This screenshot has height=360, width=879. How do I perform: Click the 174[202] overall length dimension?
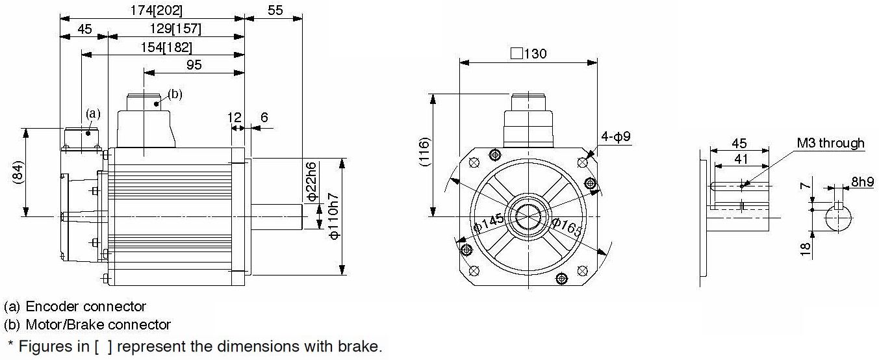[x=156, y=10]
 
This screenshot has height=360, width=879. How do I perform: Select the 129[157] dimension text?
[x=175, y=29]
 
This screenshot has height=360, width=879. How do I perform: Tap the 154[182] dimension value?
[x=166, y=47]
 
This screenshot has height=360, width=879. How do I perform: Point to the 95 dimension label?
[x=194, y=65]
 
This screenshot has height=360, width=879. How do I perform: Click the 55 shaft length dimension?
[x=275, y=10]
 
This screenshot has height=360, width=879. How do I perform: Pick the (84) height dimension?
[x=18, y=172]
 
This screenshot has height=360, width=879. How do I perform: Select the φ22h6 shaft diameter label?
[x=311, y=181]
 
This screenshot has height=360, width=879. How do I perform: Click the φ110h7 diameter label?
[x=333, y=216]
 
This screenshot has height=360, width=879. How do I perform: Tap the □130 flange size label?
[x=529, y=53]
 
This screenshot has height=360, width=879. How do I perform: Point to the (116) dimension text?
[x=424, y=152]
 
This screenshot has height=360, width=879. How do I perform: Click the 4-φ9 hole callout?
[x=616, y=136]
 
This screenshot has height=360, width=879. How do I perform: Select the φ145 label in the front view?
[x=489, y=223]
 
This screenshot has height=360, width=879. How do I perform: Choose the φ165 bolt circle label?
[x=567, y=227]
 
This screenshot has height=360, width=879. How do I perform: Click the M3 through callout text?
[x=830, y=143]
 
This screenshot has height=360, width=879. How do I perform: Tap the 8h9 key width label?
[x=863, y=181]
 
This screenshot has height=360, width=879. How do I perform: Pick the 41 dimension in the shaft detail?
[x=741, y=159]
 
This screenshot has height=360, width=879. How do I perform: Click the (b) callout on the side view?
[x=175, y=94]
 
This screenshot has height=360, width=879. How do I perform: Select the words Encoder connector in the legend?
[x=86, y=306]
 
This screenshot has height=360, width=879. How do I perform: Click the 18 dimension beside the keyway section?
[x=805, y=248]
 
